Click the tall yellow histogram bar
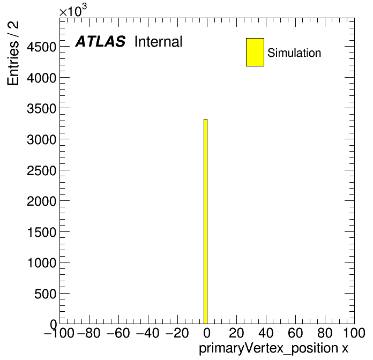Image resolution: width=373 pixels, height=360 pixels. (x=206, y=221)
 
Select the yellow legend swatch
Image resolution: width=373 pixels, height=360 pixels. (x=255, y=52)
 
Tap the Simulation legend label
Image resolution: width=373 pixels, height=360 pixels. (x=294, y=53)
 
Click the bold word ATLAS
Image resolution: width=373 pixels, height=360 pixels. (x=100, y=41)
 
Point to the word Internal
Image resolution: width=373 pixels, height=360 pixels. (x=159, y=42)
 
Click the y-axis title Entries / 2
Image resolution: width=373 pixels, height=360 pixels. (x=13, y=53)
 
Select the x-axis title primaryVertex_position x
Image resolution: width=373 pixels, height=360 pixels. (x=273, y=349)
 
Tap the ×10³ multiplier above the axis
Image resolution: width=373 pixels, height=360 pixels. (x=73, y=10)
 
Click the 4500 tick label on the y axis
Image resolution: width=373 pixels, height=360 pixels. (x=41, y=47)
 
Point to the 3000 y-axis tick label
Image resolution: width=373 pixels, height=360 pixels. (x=41, y=140)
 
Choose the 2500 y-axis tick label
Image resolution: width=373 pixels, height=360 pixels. (x=41, y=170)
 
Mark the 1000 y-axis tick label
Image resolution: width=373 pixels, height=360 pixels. (x=42, y=263)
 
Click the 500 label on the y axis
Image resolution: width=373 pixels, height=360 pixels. (x=46, y=294)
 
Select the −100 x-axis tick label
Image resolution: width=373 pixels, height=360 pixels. (x=59, y=333)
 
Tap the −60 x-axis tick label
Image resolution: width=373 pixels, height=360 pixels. (x=118, y=333)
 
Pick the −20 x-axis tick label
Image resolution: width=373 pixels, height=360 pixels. (x=177, y=333)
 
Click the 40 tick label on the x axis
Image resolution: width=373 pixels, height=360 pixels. (x=266, y=333)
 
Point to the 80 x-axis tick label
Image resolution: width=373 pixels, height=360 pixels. (x=325, y=333)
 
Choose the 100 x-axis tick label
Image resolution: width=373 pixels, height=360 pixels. (x=354, y=333)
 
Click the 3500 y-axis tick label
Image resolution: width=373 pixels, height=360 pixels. (x=41, y=109)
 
